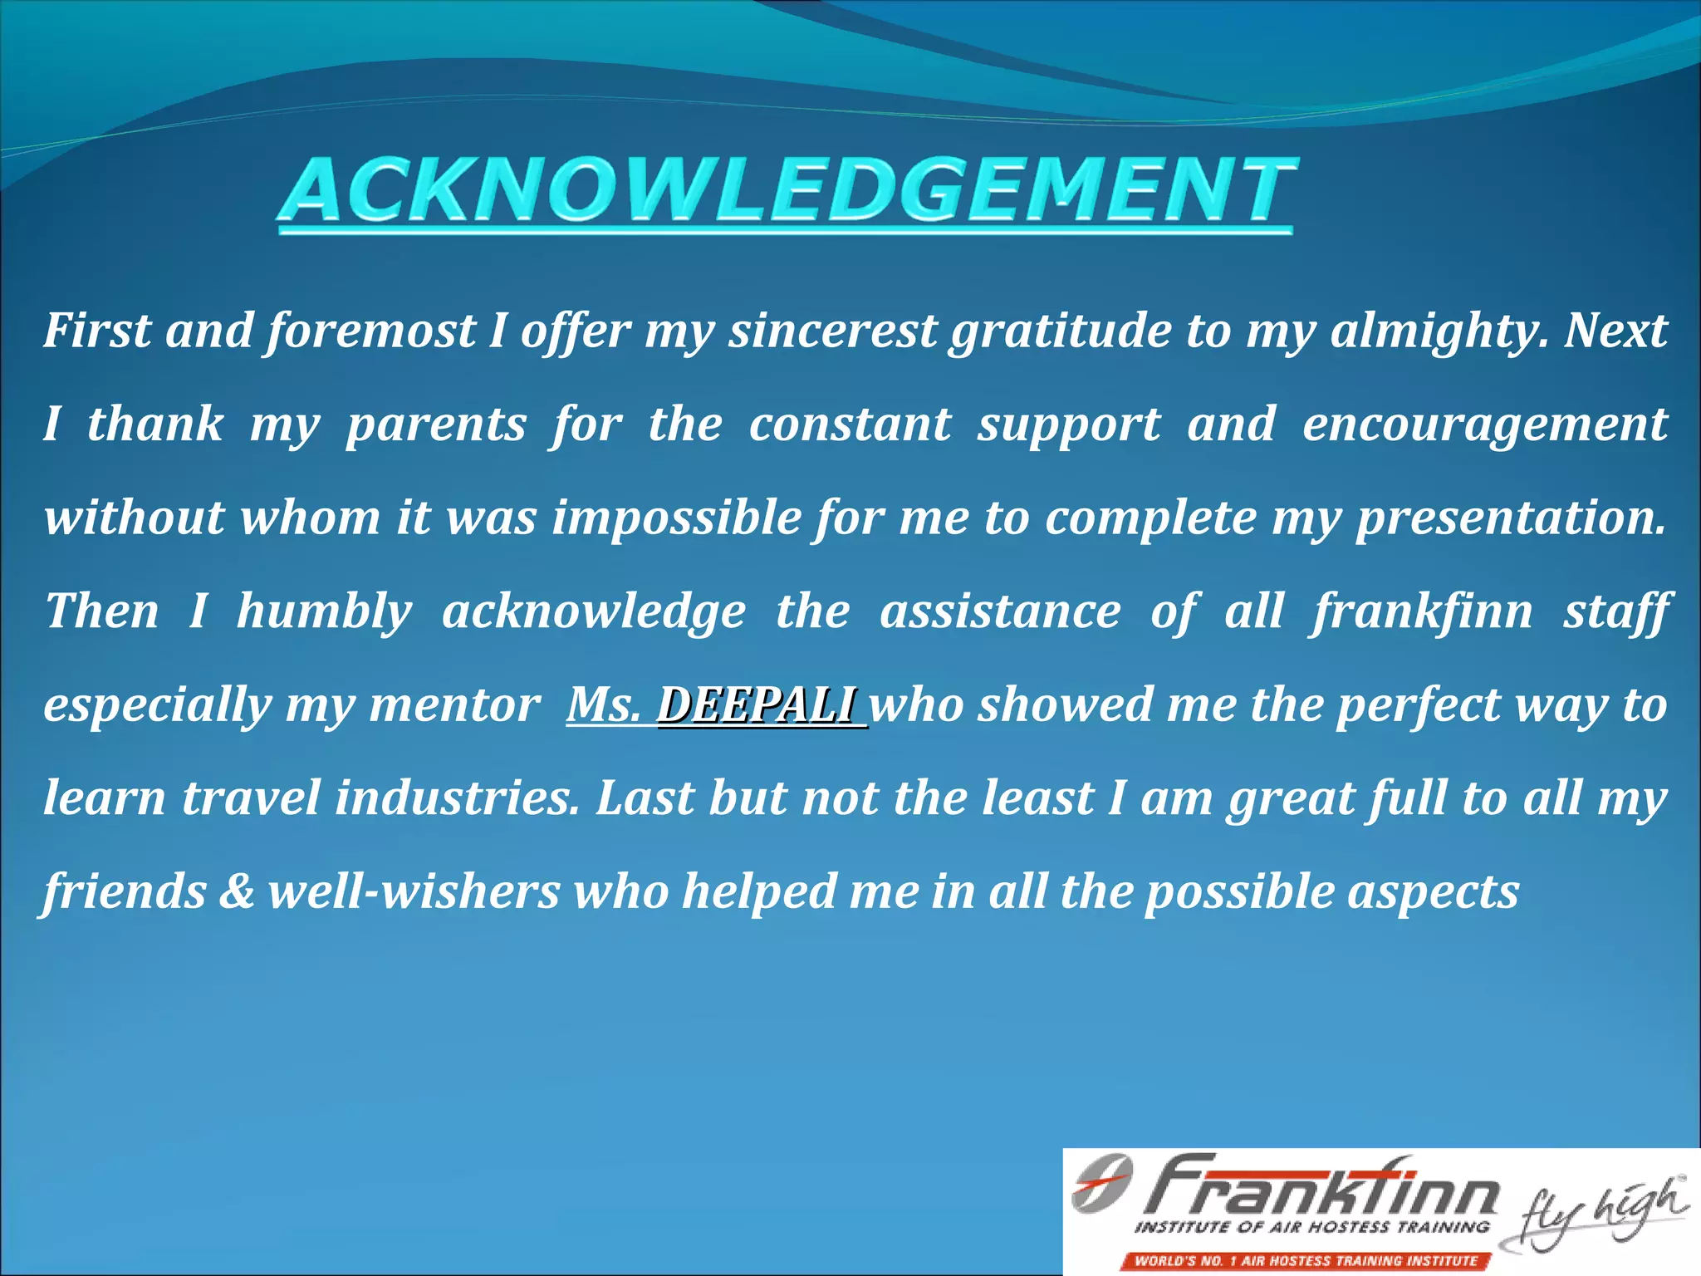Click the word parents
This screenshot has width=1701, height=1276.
coord(436,425)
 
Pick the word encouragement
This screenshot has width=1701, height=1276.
coord(1484,425)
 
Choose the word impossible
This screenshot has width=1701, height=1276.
coord(677,518)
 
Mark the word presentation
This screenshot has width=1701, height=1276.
coord(1511,518)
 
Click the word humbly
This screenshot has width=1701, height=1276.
coord(324,611)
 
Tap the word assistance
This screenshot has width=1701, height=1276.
coord(1000,611)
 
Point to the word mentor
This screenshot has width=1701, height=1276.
coord(454,705)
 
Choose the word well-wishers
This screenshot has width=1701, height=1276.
coord(414,891)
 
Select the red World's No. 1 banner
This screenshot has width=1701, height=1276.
coord(1306,1260)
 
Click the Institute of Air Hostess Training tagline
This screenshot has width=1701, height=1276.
coord(1311,1227)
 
